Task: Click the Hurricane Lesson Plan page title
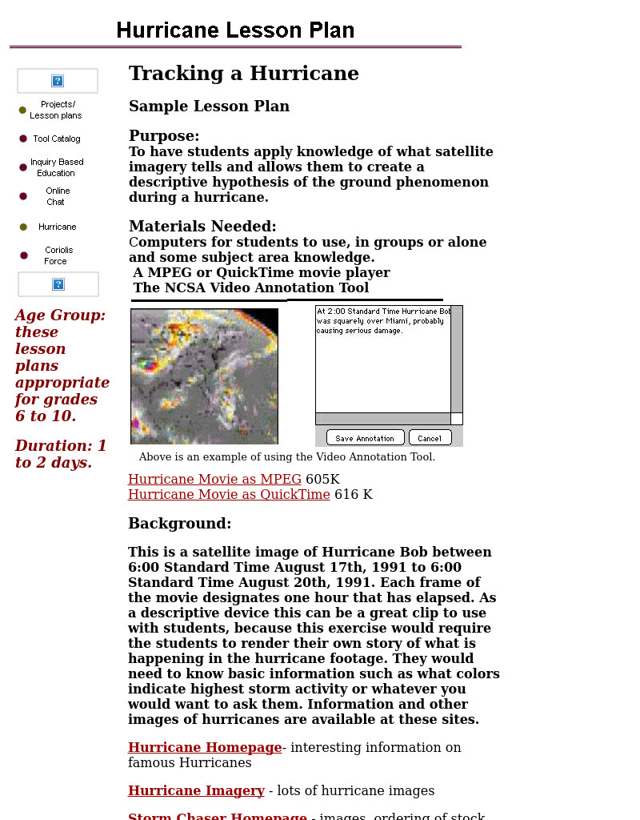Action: (x=235, y=31)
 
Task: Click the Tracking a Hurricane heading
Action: (x=243, y=74)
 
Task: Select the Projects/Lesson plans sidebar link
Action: (x=56, y=110)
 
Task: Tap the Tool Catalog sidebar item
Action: (x=56, y=139)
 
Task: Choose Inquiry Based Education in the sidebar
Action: (x=56, y=167)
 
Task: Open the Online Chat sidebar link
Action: (x=57, y=196)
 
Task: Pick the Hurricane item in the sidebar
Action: (x=57, y=227)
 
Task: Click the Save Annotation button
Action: (x=364, y=438)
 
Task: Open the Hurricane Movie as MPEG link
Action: (x=214, y=480)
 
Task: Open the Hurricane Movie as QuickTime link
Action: (x=229, y=495)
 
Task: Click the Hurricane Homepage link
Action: (x=205, y=748)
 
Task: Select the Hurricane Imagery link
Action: (x=196, y=791)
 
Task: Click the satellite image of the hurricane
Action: (x=204, y=376)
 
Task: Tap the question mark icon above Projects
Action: (x=58, y=81)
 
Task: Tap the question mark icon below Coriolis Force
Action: (x=58, y=284)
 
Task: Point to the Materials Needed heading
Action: (x=202, y=227)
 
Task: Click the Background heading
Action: (x=179, y=524)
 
